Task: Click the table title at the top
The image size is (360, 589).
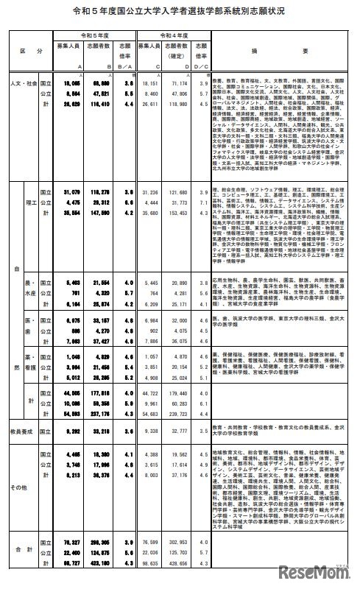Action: coord(180,13)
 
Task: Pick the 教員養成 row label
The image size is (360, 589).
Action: coord(22,427)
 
